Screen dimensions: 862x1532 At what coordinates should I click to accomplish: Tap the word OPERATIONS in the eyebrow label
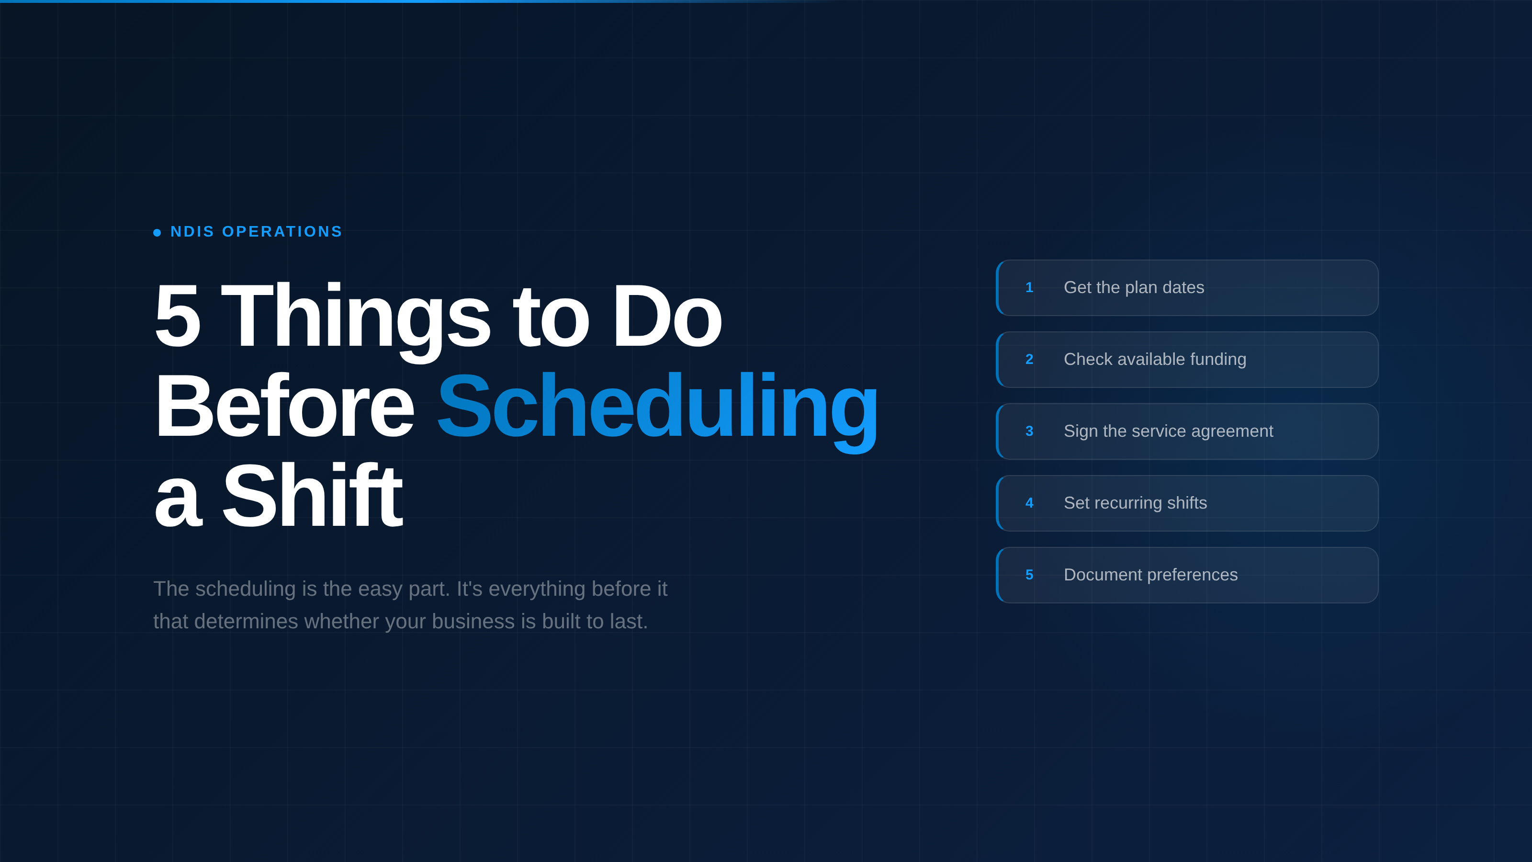282,231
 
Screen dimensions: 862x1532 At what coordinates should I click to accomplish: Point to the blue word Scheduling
657,408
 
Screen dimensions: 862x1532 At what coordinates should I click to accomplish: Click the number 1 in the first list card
1029,288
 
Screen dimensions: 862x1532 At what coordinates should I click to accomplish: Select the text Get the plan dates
1134,288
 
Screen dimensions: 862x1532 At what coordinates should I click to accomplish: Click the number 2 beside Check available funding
1029,359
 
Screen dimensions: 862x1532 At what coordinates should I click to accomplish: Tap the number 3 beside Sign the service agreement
1029,431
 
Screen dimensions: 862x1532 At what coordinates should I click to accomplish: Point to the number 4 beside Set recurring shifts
1029,503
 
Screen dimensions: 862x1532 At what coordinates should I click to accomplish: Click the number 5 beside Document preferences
1029,575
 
